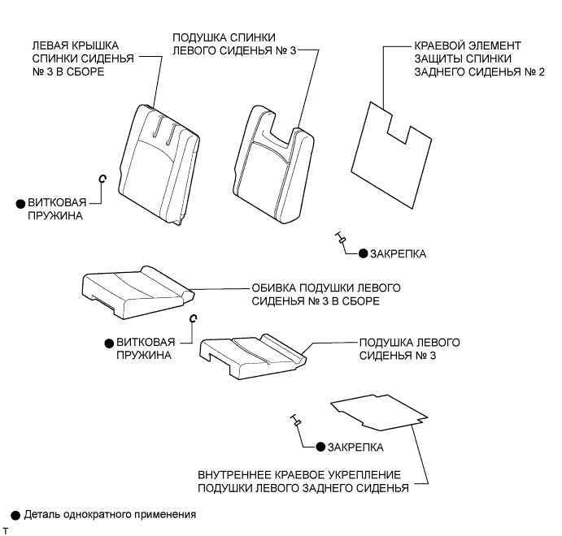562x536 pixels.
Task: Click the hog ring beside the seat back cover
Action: click(102, 178)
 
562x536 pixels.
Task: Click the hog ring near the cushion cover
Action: click(193, 319)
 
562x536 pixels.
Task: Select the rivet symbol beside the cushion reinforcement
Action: click(296, 420)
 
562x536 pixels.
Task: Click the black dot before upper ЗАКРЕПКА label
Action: click(363, 254)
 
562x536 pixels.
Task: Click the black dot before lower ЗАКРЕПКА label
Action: click(320, 447)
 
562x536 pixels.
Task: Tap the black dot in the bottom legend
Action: click(15, 515)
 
